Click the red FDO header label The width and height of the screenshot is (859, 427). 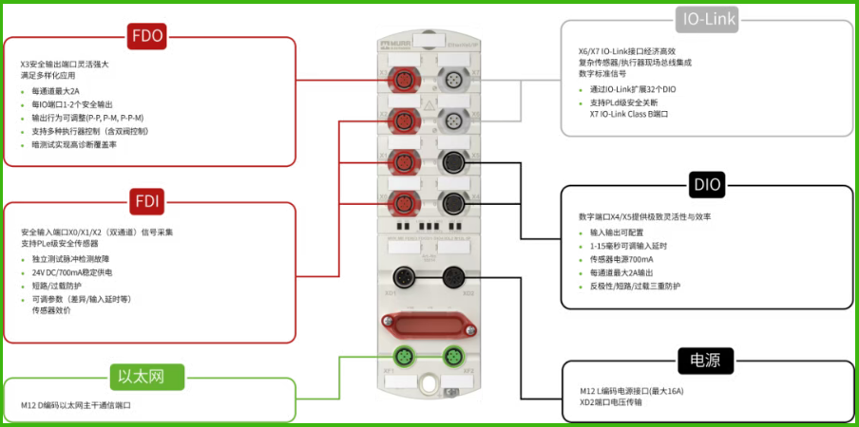tap(147, 38)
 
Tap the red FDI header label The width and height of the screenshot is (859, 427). tap(147, 201)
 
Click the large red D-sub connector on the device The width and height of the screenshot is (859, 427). tap(429, 324)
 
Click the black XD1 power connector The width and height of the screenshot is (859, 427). tap(405, 277)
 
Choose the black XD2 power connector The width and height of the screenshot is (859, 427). tap(454, 277)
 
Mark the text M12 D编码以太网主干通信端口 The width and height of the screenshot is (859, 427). tap(76, 405)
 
